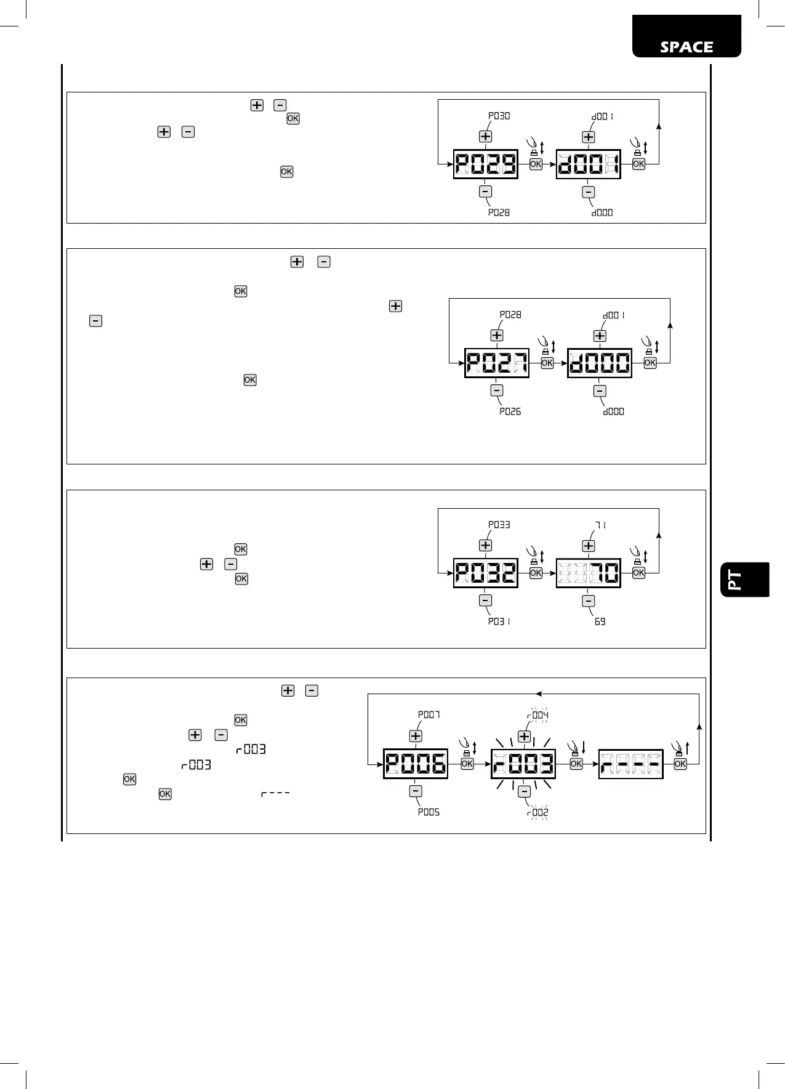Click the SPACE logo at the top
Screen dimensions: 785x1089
(686, 47)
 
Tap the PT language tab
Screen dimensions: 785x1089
(744, 580)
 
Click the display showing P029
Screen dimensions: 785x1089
(485, 164)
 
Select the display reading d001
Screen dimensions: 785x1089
(588, 164)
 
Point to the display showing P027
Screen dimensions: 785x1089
(496, 363)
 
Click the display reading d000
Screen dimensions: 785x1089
(599, 363)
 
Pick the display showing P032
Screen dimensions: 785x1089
(485, 573)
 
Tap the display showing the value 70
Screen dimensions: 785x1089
(588, 573)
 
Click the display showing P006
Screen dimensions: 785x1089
(416, 764)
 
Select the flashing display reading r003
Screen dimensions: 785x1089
(523, 764)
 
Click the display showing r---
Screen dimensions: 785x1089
(630, 764)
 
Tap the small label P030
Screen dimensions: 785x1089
(499, 116)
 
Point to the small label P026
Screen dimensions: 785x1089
(510, 411)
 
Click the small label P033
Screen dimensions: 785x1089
(499, 525)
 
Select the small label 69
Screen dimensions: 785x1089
(600, 621)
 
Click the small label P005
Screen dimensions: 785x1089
(429, 812)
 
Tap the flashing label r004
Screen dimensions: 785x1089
(537, 715)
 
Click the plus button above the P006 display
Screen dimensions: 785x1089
(416, 736)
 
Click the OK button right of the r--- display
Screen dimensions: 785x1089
(680, 764)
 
